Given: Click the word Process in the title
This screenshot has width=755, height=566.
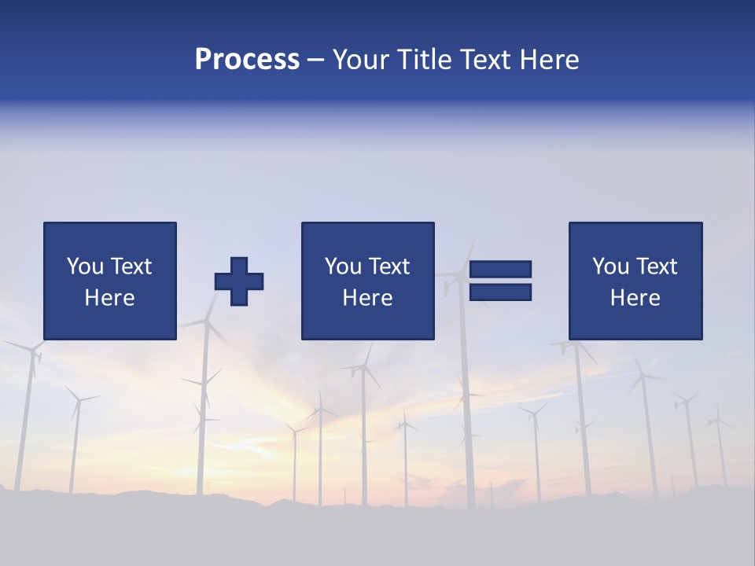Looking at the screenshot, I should [247, 60].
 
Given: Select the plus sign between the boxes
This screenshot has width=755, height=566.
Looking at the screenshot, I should [239, 281].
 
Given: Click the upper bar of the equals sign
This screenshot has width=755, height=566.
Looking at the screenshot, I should [500, 269].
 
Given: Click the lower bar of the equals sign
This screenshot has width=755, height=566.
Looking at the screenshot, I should [500, 292].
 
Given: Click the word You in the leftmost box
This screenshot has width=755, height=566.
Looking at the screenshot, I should [85, 266].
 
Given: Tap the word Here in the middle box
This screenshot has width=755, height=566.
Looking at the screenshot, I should [367, 298].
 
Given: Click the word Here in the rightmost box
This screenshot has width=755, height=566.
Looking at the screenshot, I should [635, 298].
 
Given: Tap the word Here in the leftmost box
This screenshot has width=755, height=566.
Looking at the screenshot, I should [109, 298].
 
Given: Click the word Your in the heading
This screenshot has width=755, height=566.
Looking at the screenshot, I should [360, 60].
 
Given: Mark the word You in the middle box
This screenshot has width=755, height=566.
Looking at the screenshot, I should [343, 266].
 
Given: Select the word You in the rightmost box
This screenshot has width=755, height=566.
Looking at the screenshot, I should [610, 266].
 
